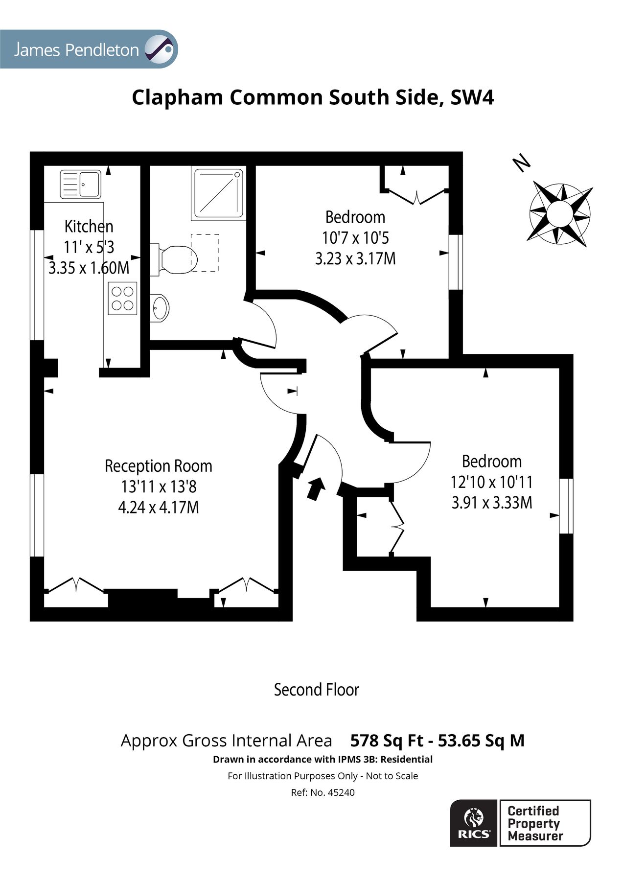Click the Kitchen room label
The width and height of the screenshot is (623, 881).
(x=89, y=227)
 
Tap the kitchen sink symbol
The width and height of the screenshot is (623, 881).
(x=80, y=184)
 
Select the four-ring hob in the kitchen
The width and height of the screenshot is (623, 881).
(x=122, y=299)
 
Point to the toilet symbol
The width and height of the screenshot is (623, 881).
(x=175, y=258)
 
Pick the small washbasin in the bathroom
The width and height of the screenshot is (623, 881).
(x=159, y=308)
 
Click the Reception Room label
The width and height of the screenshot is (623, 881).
(x=158, y=466)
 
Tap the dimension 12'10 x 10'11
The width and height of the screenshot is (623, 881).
(x=491, y=482)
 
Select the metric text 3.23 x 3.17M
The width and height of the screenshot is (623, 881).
(x=355, y=258)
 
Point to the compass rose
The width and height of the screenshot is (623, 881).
(x=559, y=213)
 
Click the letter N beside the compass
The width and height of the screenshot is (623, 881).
(x=522, y=163)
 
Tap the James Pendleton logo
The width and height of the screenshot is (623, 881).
(x=89, y=49)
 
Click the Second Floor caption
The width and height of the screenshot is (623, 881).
(x=316, y=690)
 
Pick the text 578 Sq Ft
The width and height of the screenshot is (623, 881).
(x=387, y=741)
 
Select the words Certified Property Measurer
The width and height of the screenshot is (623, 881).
(x=535, y=824)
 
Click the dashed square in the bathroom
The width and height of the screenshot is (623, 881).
(x=205, y=253)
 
